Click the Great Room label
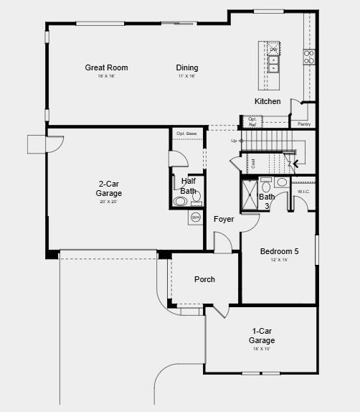pyautogui.click(x=106, y=68)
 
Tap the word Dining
pyautogui.click(x=187, y=68)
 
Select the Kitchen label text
pyautogui.click(x=267, y=101)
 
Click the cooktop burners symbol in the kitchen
pyautogui.click(x=309, y=57)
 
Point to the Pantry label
pyautogui.click(x=304, y=124)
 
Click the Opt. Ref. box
pyautogui.click(x=252, y=122)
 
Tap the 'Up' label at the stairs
pyautogui.click(x=234, y=141)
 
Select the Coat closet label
pyautogui.click(x=253, y=163)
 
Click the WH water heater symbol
pyautogui.click(x=195, y=217)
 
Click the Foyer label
pyautogui.click(x=224, y=219)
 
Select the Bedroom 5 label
pyautogui.click(x=279, y=251)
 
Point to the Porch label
pyautogui.click(x=204, y=279)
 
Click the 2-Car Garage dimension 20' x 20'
pyautogui.click(x=109, y=202)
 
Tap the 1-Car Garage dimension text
pyautogui.click(x=261, y=349)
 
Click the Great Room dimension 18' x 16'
pyautogui.click(x=106, y=76)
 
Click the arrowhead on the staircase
pyautogui.click(x=295, y=164)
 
